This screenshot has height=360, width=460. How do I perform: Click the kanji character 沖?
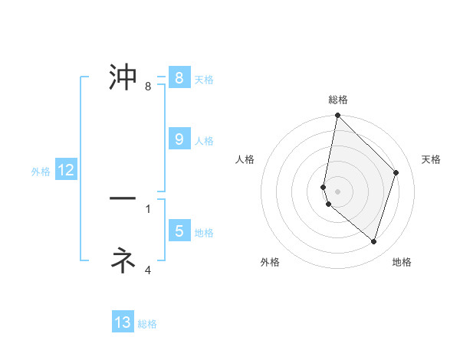123,77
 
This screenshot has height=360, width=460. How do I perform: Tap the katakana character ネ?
123,260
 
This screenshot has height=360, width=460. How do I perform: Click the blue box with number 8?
179,78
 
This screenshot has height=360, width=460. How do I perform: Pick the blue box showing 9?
179,139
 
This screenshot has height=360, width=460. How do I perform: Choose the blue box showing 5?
179,231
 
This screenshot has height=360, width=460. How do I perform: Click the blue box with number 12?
66,171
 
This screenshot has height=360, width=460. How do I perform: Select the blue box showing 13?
123,322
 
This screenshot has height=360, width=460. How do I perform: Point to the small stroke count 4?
148,270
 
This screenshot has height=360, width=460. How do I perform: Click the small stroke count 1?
148,208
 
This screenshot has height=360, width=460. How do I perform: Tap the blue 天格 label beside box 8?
204,79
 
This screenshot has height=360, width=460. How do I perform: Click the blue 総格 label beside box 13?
147,324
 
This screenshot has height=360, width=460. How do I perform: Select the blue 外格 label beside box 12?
41,172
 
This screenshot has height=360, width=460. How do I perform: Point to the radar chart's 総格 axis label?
338,100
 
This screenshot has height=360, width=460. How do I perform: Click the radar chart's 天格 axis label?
432,159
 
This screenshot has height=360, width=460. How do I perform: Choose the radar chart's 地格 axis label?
402,263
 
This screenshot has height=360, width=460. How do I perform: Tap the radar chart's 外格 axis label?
270,263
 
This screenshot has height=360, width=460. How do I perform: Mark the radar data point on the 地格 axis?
374,241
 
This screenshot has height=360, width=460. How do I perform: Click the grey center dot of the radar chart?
338,191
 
